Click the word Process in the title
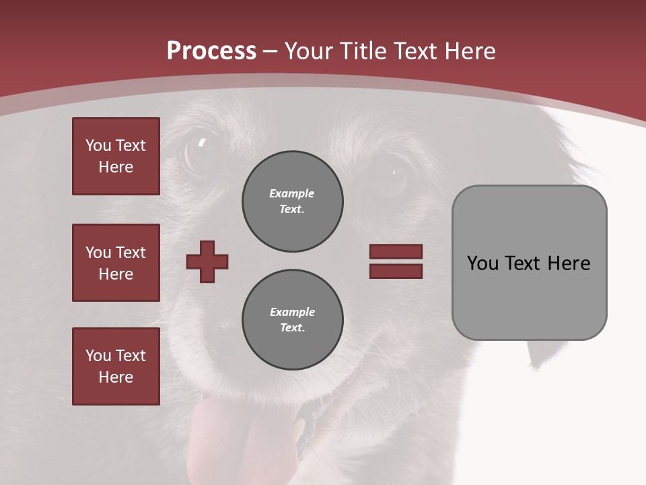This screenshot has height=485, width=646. tap(211, 51)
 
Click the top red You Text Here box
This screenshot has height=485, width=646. tap(116, 156)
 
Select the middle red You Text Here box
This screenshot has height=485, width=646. tap(116, 263)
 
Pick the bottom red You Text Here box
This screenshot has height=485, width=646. tap(116, 366)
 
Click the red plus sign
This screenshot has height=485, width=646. tap(207, 261)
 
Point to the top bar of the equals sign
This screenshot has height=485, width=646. tap(396, 251)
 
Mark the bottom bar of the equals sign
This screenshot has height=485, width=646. tap(396, 271)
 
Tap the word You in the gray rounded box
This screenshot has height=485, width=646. tap(482, 263)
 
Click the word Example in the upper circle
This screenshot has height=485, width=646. tap(292, 193)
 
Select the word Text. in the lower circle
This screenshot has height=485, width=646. tap(292, 328)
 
